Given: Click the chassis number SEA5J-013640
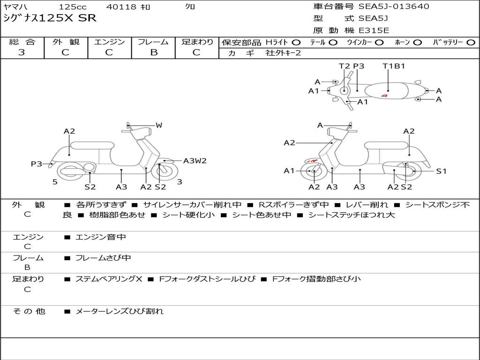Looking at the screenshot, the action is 394,7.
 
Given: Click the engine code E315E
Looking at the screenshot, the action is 374,30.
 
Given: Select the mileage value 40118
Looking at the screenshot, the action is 121,7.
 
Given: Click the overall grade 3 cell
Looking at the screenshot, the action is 22,52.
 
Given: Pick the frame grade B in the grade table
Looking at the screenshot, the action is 153,52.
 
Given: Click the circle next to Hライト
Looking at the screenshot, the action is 296,42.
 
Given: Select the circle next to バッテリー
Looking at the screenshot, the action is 471,42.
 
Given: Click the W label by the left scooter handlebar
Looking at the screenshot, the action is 159,125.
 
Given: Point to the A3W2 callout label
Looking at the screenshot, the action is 195,161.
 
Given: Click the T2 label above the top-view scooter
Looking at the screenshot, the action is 345,66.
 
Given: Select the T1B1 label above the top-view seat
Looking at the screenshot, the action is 394,66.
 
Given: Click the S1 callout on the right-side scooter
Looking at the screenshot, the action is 441,171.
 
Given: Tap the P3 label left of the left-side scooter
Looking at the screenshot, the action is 37,164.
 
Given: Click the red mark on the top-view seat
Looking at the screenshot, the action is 384,96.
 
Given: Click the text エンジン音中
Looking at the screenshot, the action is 101,237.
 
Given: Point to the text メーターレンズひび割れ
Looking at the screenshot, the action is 120,311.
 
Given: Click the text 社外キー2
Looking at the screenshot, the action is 283,53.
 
